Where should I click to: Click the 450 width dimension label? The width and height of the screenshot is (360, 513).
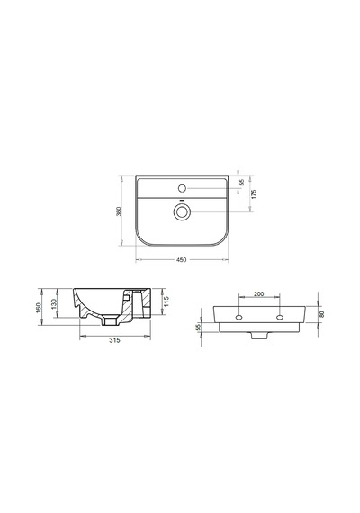[x=181, y=260]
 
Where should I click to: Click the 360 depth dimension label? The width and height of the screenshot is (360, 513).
[x=119, y=211]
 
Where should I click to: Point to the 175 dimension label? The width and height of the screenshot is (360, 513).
[x=254, y=193]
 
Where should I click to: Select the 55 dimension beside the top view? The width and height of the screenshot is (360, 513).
[x=242, y=182]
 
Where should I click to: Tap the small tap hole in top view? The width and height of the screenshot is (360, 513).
[x=183, y=188]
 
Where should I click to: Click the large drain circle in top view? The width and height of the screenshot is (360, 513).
[x=181, y=211]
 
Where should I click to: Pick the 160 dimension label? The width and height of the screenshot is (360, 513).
[x=39, y=308]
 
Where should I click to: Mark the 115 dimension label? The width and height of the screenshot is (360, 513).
[x=166, y=301]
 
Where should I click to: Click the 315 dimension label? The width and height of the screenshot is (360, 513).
[x=114, y=340]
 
